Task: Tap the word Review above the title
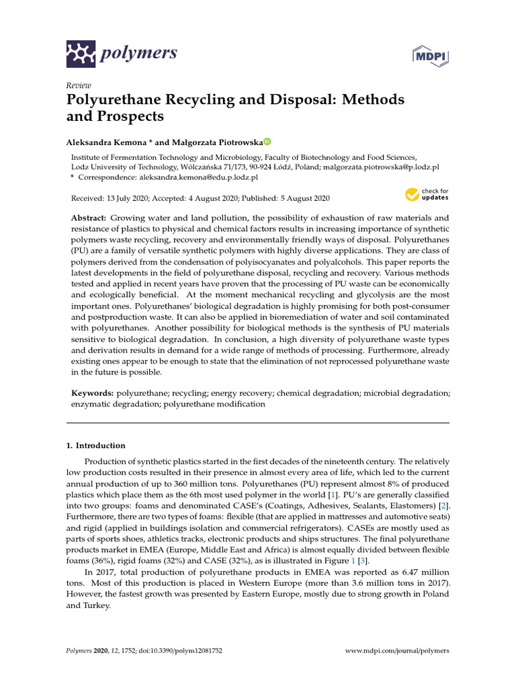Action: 79,86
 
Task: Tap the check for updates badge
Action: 427,196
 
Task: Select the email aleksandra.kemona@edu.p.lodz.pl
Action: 198,177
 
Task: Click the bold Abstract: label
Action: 89,218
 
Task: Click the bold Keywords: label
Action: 93,392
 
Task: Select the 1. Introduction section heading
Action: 96,445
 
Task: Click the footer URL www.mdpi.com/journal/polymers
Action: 396,651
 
